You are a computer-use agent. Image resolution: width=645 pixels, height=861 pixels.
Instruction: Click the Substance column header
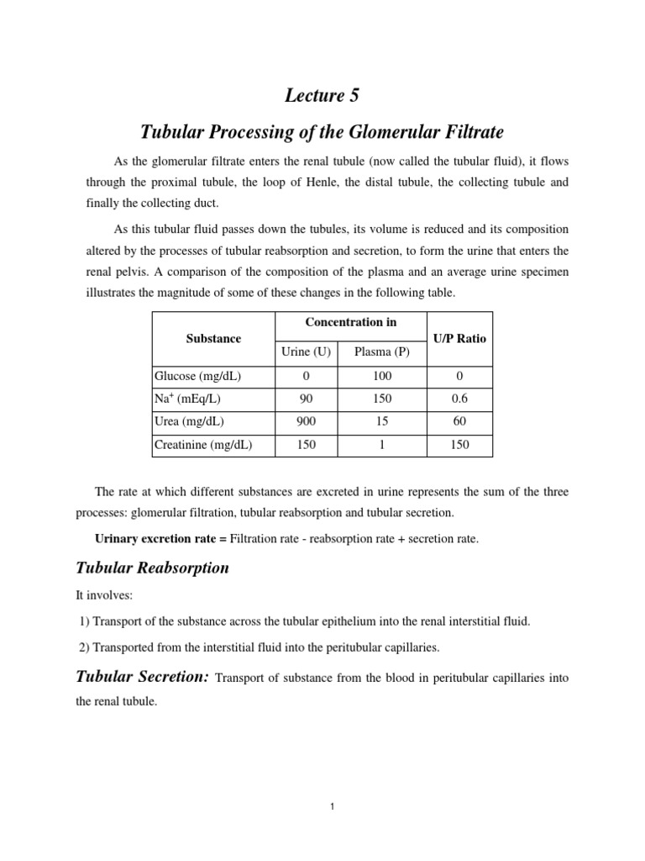[x=213, y=338]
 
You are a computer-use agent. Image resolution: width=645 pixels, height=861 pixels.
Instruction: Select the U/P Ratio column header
[x=459, y=338]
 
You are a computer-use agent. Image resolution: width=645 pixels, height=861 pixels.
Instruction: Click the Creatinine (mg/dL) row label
[x=203, y=445]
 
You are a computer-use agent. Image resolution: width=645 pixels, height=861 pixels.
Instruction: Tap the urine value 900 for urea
[x=306, y=421]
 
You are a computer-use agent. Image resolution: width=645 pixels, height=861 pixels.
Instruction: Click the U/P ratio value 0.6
[x=459, y=399]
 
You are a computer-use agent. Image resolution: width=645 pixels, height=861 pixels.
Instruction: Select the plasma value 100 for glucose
[x=382, y=376]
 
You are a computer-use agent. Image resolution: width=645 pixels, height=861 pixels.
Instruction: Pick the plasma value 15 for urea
[x=382, y=421]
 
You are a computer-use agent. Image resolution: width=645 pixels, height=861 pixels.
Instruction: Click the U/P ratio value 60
[x=459, y=421]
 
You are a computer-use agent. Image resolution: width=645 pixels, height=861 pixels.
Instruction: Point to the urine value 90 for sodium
[x=306, y=399]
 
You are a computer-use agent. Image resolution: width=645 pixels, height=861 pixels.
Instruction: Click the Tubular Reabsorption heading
[x=152, y=568]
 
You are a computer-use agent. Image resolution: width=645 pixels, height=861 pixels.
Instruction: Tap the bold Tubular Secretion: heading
[x=143, y=677]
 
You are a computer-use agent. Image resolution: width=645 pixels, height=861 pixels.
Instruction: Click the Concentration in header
[x=351, y=322]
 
